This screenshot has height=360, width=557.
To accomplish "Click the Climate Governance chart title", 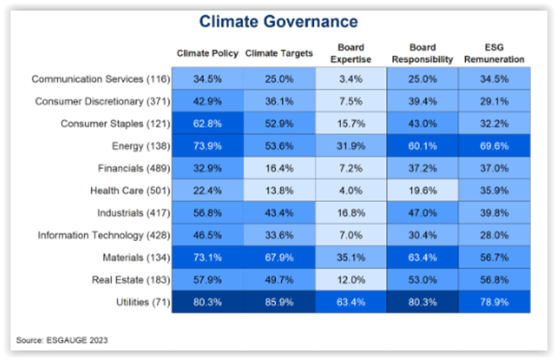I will coord(278,22).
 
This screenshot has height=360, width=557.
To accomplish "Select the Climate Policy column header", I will coord(207,54).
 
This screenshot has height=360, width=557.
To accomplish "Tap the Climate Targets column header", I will coord(279,54).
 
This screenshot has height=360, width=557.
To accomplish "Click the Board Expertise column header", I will coord(350,54).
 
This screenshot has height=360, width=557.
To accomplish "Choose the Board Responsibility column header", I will coord(422,54).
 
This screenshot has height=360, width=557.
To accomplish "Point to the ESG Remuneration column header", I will coord(494,54).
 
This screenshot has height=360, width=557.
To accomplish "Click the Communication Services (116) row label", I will coord(100,79).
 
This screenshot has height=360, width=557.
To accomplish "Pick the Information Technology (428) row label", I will coord(104,235).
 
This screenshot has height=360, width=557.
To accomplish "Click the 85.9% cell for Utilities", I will coord(279,303).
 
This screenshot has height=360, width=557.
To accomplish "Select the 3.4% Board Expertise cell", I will coord(350,79).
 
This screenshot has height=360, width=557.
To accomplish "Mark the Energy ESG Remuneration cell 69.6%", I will coord(494,146).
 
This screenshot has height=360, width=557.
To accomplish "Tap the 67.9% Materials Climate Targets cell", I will coord(279,258).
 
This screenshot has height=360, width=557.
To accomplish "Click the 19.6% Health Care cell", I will coord(422,191).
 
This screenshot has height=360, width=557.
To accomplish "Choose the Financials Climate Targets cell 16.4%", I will coord(279,168).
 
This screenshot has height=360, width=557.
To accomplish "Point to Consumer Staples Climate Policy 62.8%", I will coord(207,124).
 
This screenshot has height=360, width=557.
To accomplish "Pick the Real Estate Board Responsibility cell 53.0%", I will coord(422,280).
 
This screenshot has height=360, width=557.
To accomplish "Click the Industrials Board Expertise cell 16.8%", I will coord(350,213).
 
